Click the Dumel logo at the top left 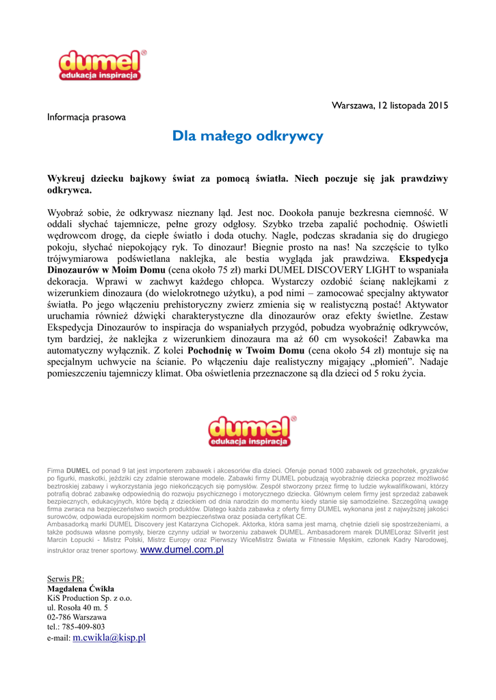click(x=101, y=64)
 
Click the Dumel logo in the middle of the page click(x=250, y=431)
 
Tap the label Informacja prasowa click(x=86, y=117)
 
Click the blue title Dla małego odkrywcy click(x=248, y=136)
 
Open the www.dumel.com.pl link click(x=182, y=550)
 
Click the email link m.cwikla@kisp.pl click(x=109, y=637)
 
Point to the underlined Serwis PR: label click(x=65, y=578)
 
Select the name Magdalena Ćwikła click(x=80, y=588)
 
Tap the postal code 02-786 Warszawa click(x=77, y=617)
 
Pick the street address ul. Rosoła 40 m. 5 click(x=77, y=607)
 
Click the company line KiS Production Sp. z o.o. click(x=89, y=597)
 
